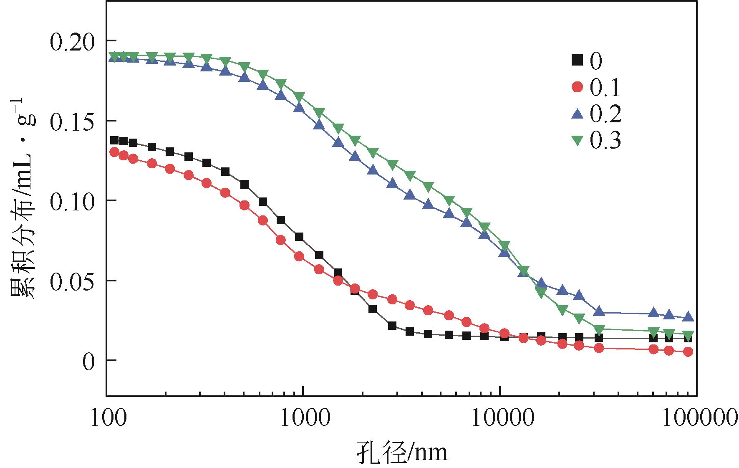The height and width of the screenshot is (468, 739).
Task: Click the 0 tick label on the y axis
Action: (x=87, y=362)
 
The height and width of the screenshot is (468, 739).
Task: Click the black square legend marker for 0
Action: (x=577, y=61)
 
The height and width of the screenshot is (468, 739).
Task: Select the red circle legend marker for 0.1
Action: (x=577, y=87)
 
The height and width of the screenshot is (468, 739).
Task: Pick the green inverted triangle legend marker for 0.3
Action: (x=577, y=140)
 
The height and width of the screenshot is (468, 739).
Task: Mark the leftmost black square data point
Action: (x=114, y=140)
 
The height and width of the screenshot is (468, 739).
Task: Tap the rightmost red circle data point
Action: (x=689, y=352)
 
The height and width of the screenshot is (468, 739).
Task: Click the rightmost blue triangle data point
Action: (x=689, y=317)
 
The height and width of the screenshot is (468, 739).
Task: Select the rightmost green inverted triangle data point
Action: (x=689, y=335)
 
